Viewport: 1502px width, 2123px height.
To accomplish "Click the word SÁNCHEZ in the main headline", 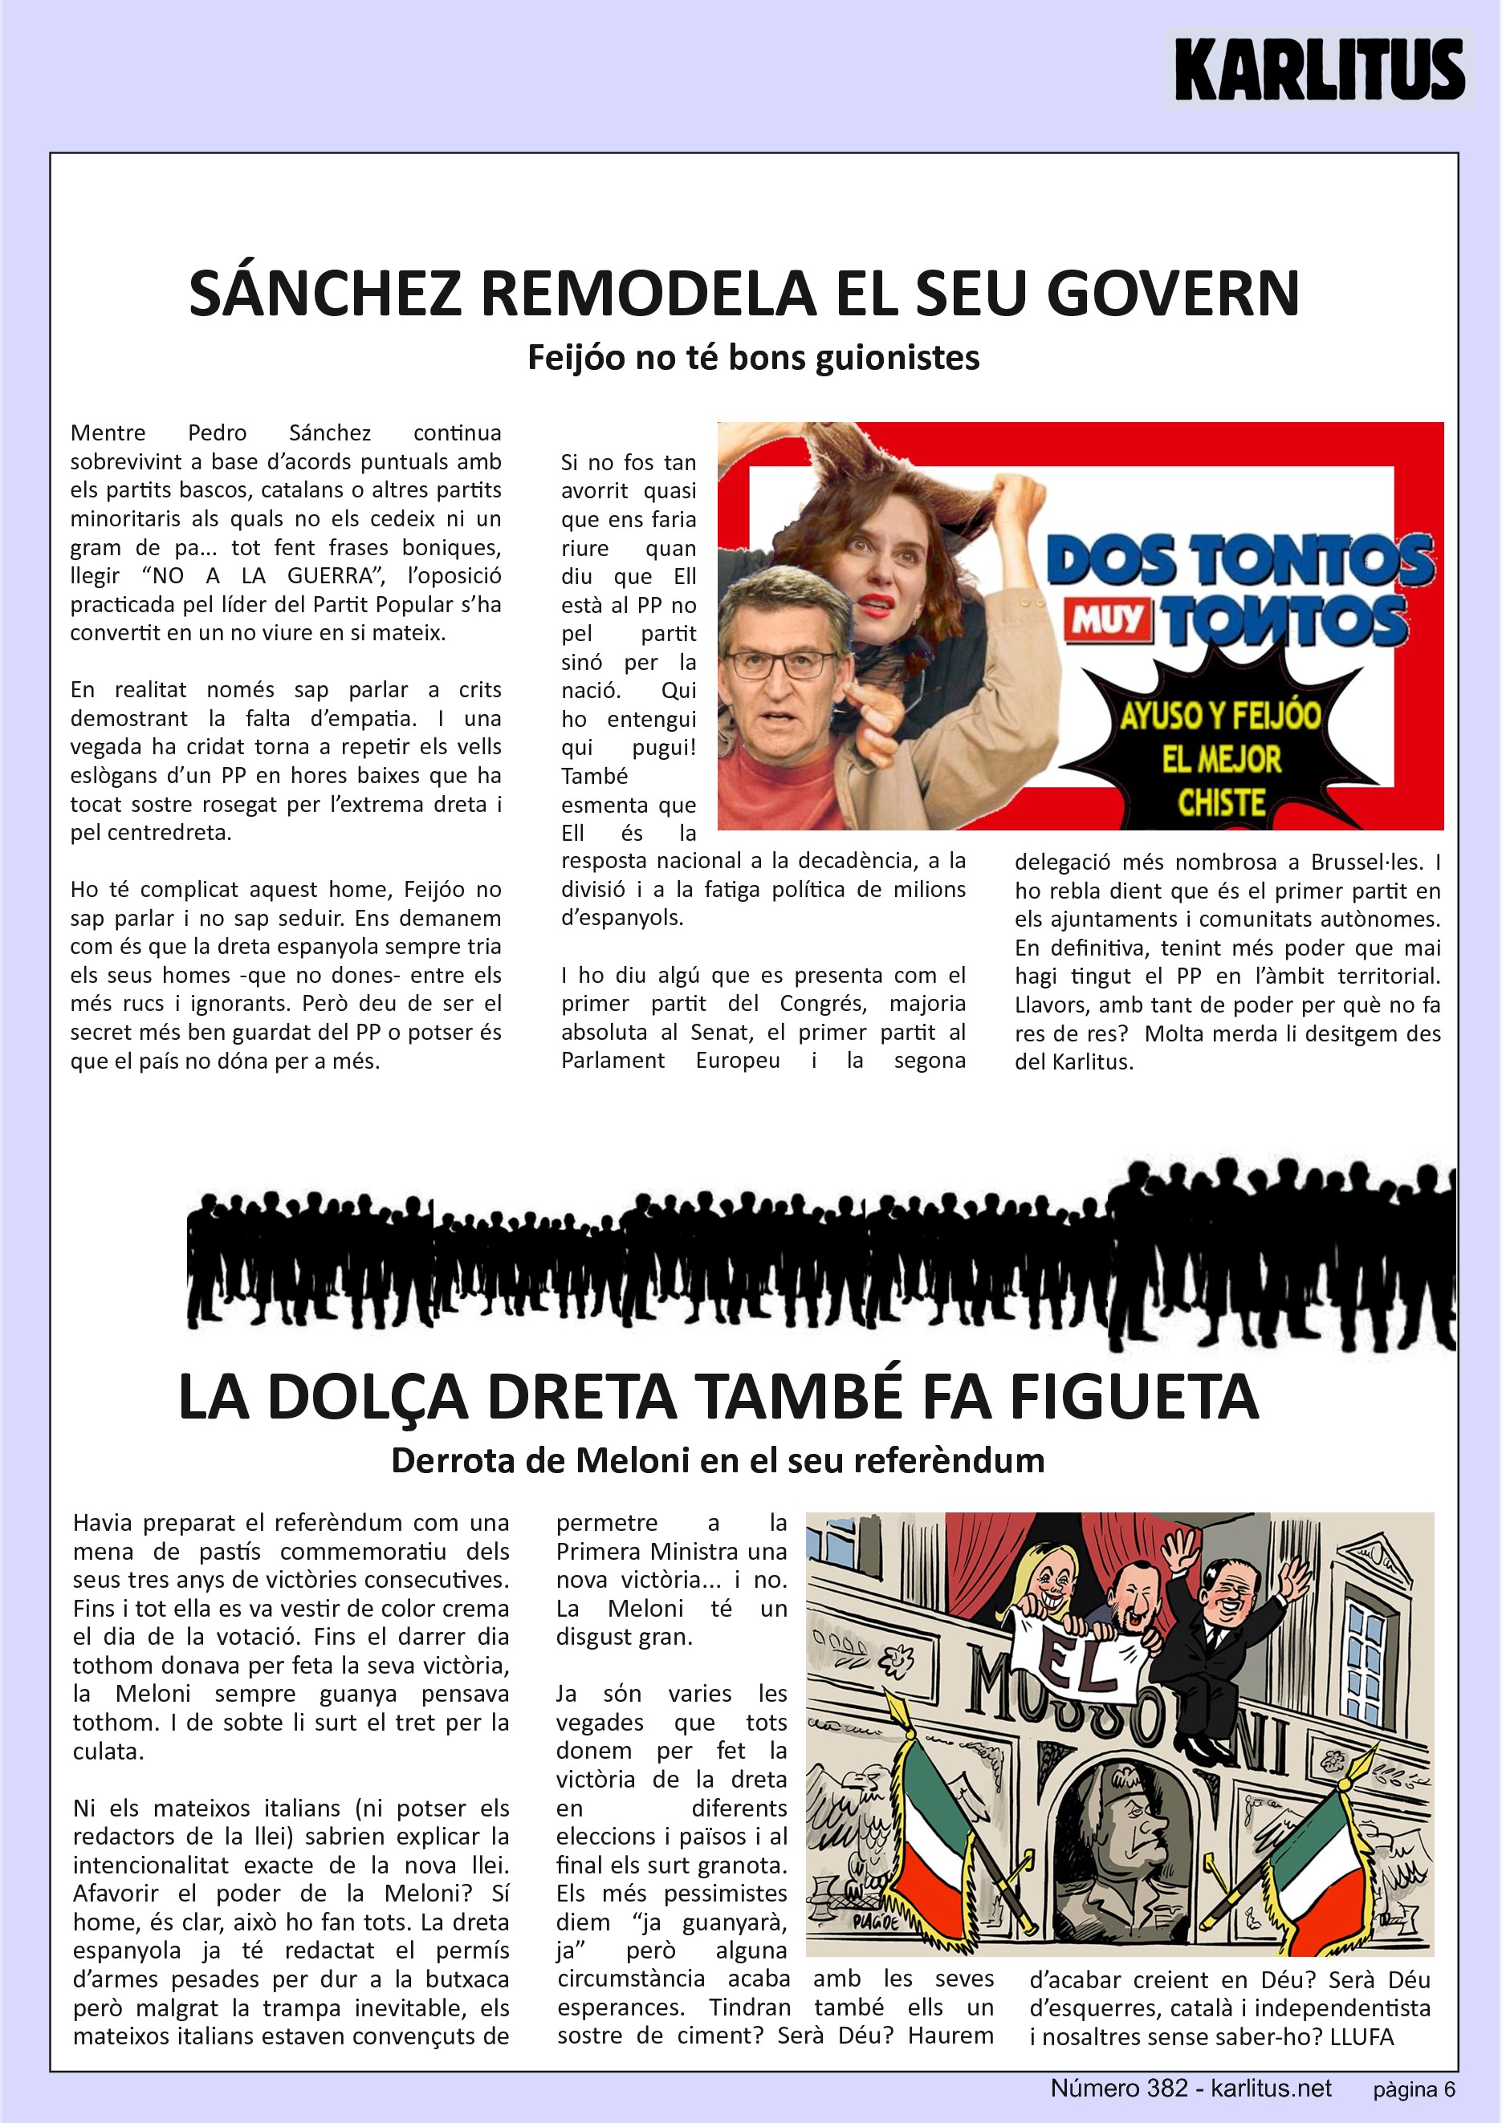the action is tap(324, 293).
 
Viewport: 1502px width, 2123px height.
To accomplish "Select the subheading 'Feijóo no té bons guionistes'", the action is tap(753, 357).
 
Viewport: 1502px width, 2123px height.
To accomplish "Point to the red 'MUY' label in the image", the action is tap(1108, 619).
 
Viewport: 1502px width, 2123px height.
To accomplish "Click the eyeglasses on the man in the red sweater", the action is tap(782, 664).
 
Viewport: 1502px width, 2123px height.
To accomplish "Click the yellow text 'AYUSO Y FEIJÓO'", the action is tap(1220, 715).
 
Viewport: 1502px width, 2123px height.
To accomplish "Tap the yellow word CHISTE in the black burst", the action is tap(1221, 802).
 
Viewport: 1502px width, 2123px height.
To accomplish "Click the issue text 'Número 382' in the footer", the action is tap(1118, 2088).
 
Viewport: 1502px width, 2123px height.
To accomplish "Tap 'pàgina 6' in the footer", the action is tap(1413, 2090).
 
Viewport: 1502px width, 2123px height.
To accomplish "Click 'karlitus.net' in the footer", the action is tap(1271, 2088).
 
